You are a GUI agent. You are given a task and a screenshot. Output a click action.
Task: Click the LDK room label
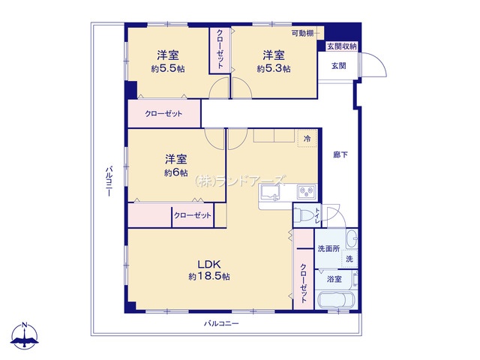pyautogui.click(x=209, y=264)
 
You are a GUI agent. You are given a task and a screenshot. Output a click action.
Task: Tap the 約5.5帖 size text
pyautogui.click(x=168, y=68)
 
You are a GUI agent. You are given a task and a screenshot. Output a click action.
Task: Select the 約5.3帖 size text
pyautogui.click(x=274, y=68)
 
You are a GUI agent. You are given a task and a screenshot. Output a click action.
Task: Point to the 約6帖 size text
pyautogui.click(x=175, y=172)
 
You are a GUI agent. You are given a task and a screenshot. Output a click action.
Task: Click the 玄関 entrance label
pyautogui.click(x=338, y=65)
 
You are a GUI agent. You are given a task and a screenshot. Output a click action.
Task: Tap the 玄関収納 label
pyautogui.click(x=342, y=46)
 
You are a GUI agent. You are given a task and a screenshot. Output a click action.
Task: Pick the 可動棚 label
pyautogui.click(x=302, y=33)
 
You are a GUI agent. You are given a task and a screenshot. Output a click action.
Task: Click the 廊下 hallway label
pyautogui.click(x=340, y=155)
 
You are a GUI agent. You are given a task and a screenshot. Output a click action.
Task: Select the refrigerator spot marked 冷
pyautogui.click(x=307, y=139)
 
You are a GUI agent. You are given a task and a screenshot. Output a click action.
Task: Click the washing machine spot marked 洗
pyautogui.click(x=349, y=259)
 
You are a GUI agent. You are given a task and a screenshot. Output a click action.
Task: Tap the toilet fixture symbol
pyautogui.click(x=303, y=215)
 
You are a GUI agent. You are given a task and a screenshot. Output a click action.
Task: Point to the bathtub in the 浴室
pyautogui.click(x=336, y=300)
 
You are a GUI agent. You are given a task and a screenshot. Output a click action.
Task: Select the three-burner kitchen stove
pyautogui.click(x=307, y=192)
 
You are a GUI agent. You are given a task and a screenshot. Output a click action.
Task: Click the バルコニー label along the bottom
pyautogui.click(x=221, y=323)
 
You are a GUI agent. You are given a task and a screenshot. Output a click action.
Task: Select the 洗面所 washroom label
pyautogui.click(x=328, y=248)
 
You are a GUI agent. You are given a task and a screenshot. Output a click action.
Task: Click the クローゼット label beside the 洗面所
pyautogui.click(x=303, y=283)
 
